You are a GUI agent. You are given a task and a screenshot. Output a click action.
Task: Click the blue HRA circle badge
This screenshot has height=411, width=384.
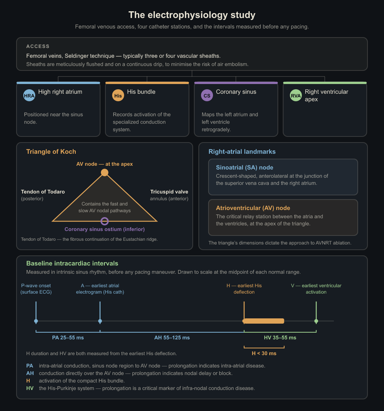pos(29,95)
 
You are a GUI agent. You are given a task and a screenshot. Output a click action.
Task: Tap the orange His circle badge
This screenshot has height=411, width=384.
pos(118,95)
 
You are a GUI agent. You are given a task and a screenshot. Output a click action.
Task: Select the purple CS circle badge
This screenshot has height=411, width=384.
pos(207,95)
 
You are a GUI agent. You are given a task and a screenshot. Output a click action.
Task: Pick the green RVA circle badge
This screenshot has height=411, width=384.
pos(295,95)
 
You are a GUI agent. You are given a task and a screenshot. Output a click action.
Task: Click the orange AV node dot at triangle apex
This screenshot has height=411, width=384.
pos(105,172)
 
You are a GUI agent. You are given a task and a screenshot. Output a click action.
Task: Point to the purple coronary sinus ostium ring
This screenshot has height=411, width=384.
pos(105,221)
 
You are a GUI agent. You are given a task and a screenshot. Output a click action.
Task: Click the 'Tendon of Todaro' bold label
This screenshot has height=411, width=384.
pos(43,192)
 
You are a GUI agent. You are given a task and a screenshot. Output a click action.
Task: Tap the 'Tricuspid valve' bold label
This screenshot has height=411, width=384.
pos(169,192)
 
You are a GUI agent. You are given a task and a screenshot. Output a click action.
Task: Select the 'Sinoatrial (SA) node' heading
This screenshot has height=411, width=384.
pos(244,168)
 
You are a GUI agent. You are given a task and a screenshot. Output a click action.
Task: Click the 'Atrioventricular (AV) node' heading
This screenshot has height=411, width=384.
pos(253,208)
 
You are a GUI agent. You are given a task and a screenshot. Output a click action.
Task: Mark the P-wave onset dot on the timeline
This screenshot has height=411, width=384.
pos(36,321)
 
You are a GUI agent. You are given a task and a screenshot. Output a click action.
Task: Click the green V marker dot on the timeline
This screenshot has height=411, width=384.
pos(316,321)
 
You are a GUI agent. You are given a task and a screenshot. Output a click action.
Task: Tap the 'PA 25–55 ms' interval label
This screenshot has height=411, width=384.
pos(68,337)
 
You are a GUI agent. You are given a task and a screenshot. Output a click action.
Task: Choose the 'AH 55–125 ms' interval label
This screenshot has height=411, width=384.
pos(172,337)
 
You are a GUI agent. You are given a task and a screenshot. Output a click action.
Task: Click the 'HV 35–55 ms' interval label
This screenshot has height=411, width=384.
pos(280,337)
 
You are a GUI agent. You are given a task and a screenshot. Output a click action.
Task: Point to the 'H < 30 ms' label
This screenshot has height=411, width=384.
pos(264,353)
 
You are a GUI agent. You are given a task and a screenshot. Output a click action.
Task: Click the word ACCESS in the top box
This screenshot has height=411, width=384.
pos(38,46)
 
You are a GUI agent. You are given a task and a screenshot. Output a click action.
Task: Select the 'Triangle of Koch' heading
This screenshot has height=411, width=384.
pos(51,151)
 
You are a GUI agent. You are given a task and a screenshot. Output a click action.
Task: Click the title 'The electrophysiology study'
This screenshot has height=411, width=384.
pos(192,15)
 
